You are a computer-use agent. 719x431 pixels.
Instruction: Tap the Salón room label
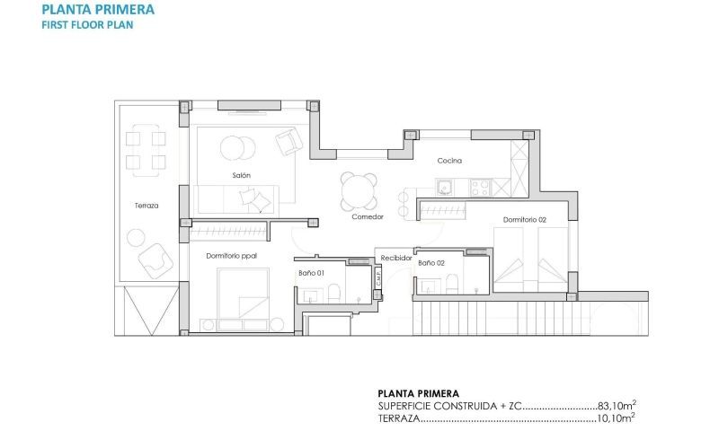[240, 175]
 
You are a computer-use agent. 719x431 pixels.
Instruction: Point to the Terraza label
[146, 206]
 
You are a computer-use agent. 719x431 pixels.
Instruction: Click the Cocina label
[449, 161]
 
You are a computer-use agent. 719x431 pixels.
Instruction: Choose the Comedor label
[368, 217]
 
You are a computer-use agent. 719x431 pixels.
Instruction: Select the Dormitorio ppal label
[231, 256]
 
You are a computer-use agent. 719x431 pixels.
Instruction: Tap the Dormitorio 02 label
[525, 219]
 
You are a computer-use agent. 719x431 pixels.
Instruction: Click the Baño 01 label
[311, 272]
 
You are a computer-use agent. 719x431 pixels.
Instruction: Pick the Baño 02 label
[431, 263]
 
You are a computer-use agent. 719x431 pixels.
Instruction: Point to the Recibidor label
[395, 258]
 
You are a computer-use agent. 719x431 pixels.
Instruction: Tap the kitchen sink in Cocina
[444, 188]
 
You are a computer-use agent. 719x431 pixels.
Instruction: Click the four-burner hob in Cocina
[478, 188]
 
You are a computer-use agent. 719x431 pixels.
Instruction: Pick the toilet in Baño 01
[333, 292]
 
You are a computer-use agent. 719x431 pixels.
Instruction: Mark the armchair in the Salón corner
[288, 142]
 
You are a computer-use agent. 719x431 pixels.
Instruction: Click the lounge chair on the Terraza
[154, 260]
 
